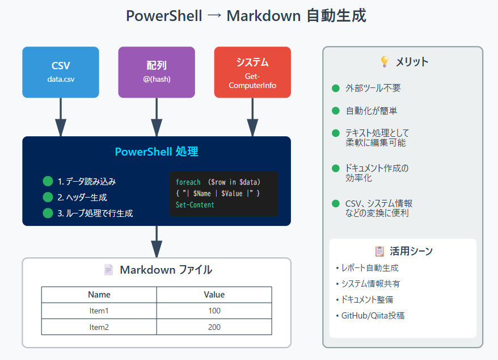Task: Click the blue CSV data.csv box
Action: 61,72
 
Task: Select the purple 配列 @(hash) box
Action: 157,72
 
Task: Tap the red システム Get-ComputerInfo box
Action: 252,72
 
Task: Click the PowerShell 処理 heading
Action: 157,152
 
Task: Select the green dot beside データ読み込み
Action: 48,182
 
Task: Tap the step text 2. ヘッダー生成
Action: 82,198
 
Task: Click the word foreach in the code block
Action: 188,182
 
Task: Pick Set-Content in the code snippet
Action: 195,205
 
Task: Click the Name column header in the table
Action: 99,295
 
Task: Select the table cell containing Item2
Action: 99,327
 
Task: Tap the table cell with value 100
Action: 214,311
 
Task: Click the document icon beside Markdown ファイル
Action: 108,270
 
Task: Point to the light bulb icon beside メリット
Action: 384,62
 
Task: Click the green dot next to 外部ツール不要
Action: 336,89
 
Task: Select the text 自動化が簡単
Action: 372,111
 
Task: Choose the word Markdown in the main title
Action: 263,16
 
